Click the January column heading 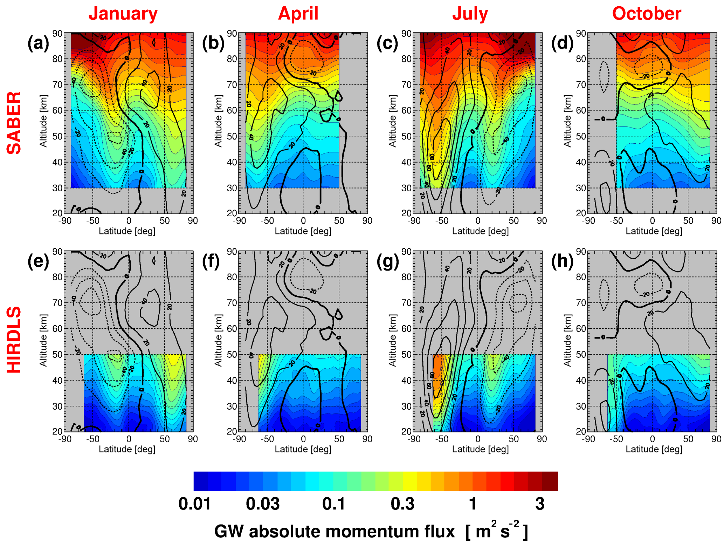point(123,14)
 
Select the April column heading point(298,14)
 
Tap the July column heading point(470,14)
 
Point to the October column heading point(647,14)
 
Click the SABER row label point(14,123)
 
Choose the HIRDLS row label point(14,340)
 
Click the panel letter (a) point(38,43)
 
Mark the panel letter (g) point(387,261)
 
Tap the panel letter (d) point(562,43)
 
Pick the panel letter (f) point(211,261)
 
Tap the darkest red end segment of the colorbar point(550,481)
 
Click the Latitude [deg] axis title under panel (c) point(480,231)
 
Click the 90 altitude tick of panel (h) point(581,252)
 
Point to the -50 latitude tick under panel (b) point(267,221)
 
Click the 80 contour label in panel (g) point(432,375)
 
